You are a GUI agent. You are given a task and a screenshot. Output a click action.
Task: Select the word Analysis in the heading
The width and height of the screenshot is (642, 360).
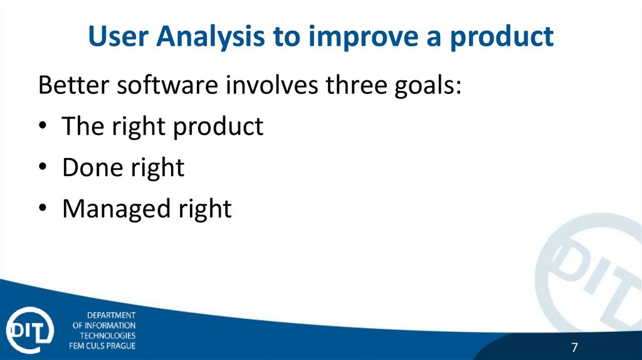(x=211, y=38)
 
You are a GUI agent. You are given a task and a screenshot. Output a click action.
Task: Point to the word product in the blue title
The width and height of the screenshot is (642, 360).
(x=502, y=38)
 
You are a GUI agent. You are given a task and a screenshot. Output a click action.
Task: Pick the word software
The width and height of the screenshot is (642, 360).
(x=167, y=85)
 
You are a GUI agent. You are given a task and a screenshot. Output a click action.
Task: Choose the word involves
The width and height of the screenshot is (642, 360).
(x=272, y=85)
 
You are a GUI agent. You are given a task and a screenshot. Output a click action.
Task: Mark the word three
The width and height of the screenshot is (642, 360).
(x=356, y=85)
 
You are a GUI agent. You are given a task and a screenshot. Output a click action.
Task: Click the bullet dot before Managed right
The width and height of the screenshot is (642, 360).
(x=43, y=208)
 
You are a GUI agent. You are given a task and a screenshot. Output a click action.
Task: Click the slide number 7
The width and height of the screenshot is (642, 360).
(x=574, y=347)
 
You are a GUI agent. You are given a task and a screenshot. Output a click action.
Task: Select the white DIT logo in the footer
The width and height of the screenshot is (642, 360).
(x=29, y=330)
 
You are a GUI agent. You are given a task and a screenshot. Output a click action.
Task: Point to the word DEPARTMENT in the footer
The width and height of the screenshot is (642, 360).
(x=112, y=315)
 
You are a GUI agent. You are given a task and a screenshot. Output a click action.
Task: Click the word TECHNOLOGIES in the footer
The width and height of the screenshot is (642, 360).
(x=108, y=336)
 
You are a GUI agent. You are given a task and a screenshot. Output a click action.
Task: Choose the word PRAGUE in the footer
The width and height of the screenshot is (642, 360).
(x=121, y=346)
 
